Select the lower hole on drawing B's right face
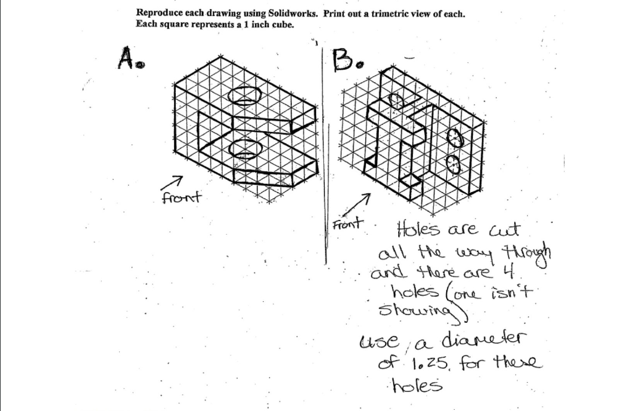tap(454, 164)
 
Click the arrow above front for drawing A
tap(170, 182)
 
